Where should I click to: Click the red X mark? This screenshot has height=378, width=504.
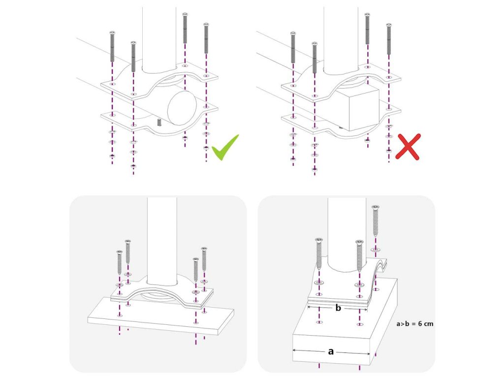pos(408,147)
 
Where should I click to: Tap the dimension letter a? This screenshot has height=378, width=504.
pos(331,351)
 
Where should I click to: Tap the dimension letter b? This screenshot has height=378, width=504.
pos(338,308)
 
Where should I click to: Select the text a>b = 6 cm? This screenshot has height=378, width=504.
pos(414,324)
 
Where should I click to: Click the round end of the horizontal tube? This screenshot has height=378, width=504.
pos(182,108)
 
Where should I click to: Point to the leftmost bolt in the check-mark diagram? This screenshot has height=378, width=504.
pos(112,46)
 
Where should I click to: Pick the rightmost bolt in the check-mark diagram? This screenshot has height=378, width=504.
pos(206,38)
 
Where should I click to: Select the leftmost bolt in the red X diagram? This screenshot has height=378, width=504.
pos(293,47)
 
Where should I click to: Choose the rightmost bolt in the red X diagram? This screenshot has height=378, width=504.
pos(389,38)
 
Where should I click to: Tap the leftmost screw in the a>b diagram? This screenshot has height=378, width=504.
pos(319,254)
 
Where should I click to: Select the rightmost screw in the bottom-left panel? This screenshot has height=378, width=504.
pos(204,259)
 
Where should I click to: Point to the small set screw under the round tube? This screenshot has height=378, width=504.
pos(159,122)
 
